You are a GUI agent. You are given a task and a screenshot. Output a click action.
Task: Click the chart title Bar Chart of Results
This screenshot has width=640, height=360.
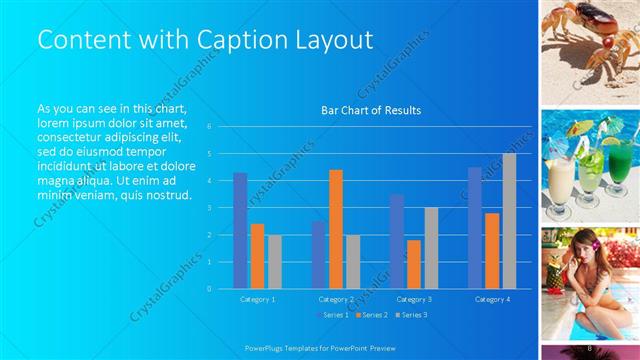[370, 110]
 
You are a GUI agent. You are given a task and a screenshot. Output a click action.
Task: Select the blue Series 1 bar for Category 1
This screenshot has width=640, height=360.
[240, 230]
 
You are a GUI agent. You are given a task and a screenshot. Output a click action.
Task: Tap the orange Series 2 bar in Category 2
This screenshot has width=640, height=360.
[336, 229]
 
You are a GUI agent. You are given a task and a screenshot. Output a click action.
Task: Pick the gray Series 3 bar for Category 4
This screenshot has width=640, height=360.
[509, 221]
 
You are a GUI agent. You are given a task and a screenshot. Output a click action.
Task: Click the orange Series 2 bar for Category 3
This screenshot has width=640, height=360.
[414, 264]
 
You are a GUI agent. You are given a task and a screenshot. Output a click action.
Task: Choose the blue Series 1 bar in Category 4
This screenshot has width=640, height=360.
[475, 228]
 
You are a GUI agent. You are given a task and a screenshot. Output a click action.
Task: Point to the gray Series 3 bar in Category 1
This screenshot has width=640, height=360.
[274, 261]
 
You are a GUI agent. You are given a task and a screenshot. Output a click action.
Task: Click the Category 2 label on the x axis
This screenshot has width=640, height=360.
[336, 299]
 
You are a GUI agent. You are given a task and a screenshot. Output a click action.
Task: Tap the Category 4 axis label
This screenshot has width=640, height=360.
[492, 299]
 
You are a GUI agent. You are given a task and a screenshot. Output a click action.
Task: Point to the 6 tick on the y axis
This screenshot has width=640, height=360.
[209, 127]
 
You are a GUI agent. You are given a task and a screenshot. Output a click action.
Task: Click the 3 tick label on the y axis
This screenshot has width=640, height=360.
[209, 208]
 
